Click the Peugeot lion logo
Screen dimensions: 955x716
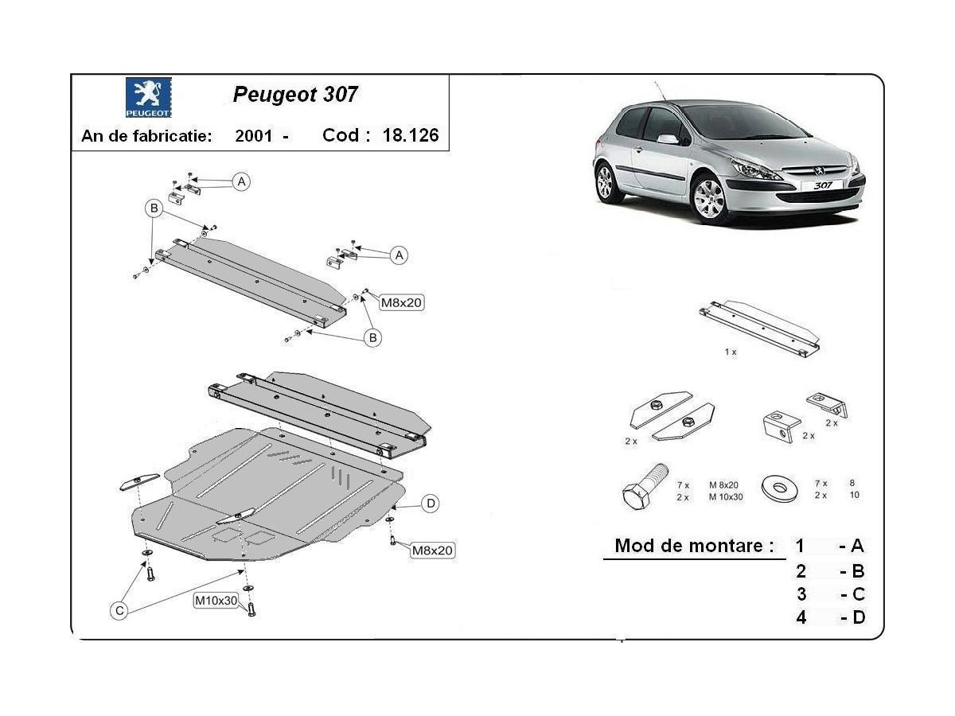coord(148,97)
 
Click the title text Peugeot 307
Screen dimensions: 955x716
coord(295,95)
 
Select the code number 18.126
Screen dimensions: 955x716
coord(411,135)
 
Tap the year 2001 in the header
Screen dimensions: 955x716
coord(254,135)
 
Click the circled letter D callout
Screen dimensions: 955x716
coord(431,504)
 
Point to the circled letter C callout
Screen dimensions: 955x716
coord(119,611)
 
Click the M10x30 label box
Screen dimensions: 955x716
coord(216,601)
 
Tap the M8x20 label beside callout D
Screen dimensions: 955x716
coord(432,551)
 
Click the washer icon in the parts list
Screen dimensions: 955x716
coord(780,488)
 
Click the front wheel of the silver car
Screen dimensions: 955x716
coord(709,200)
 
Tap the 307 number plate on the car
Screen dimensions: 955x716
coord(822,185)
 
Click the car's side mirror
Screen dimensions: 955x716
coord(668,139)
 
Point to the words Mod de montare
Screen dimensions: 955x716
coord(695,546)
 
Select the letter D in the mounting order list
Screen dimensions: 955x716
coord(859,618)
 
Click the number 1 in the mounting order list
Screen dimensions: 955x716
coord(800,546)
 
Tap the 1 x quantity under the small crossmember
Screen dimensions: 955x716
coord(731,352)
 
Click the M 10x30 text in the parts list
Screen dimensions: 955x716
coord(726,497)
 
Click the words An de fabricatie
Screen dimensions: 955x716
coord(146,136)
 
